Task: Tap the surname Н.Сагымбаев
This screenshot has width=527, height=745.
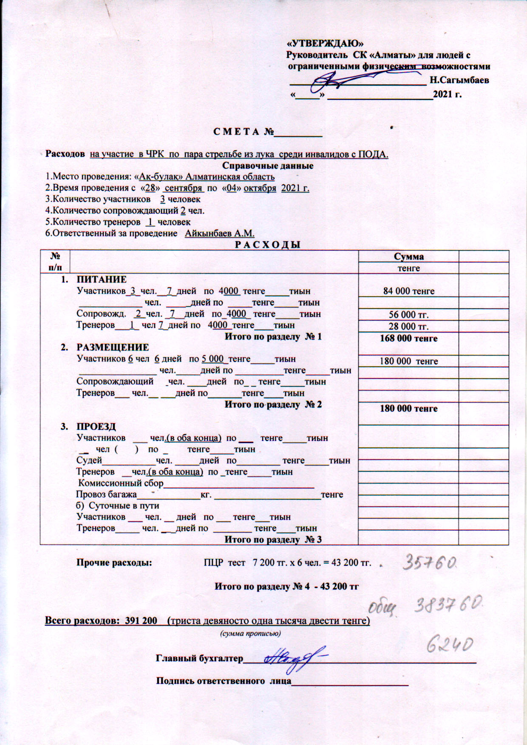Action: (x=459, y=80)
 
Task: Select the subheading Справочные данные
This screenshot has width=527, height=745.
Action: (x=268, y=166)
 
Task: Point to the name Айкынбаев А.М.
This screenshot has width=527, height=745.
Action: (x=219, y=233)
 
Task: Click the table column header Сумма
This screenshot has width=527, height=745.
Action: (x=408, y=257)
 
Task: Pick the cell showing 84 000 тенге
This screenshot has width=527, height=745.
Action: (x=408, y=291)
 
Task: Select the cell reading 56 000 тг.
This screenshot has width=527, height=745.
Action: (x=408, y=315)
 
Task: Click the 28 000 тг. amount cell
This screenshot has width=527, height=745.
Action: (x=408, y=327)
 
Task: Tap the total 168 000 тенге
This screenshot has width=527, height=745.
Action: (x=408, y=339)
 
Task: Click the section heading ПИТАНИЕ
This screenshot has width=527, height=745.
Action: (x=102, y=279)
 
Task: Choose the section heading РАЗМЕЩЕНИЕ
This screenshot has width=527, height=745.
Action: (x=113, y=347)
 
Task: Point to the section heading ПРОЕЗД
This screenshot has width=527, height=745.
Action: (x=96, y=426)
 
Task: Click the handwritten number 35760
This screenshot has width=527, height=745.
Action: (x=430, y=563)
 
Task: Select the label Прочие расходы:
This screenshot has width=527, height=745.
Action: (x=114, y=563)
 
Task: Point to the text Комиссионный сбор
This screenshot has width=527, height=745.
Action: (x=121, y=483)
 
